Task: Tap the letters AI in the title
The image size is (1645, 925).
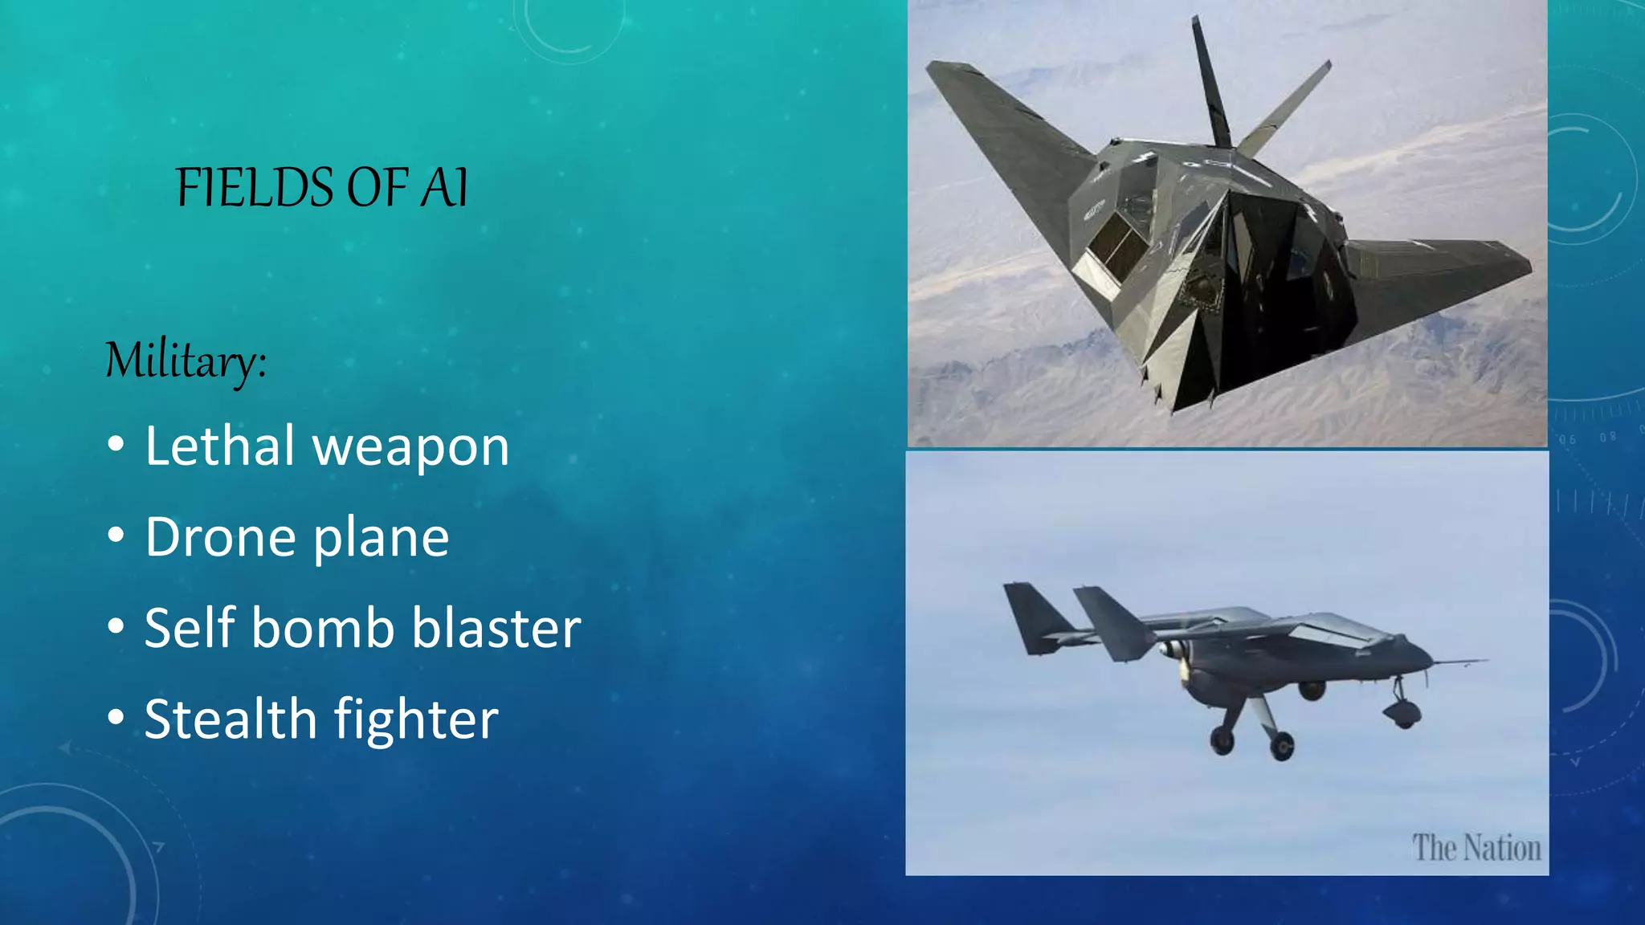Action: point(443,188)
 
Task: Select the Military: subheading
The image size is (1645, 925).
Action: point(186,361)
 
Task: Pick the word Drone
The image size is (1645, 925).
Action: point(219,537)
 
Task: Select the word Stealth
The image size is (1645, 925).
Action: point(231,719)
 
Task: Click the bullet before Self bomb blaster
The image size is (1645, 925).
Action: point(116,626)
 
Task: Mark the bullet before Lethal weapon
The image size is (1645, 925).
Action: point(116,445)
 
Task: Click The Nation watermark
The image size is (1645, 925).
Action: point(1476,848)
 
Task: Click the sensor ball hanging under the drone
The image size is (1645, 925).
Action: point(1402,711)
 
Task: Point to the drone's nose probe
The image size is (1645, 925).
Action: point(1462,662)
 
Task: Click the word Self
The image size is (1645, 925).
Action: point(190,628)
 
